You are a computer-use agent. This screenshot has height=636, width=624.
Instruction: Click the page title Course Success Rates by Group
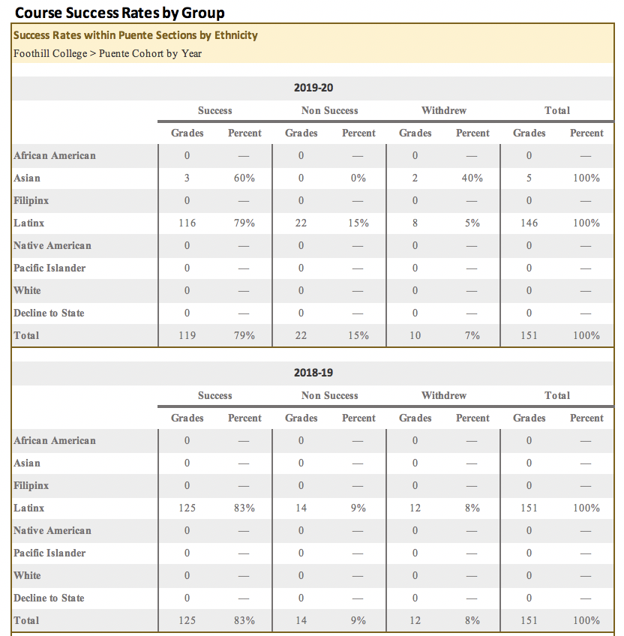[x=120, y=13]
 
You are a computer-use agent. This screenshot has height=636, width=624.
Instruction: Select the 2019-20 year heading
[x=313, y=88]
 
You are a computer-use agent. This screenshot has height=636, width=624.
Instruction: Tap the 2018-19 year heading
[x=313, y=373]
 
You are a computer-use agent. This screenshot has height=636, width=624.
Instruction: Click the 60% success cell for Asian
[x=244, y=178]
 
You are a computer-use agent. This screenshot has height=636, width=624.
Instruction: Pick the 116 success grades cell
[x=187, y=223]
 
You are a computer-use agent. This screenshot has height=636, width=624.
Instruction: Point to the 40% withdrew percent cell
[x=472, y=178]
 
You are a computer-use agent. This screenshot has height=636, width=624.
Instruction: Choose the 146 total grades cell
[x=529, y=223]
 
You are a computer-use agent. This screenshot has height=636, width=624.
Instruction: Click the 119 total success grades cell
[x=187, y=335]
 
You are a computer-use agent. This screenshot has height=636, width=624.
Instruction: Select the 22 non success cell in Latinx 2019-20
[x=301, y=223]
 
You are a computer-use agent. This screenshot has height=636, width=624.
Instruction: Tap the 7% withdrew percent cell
[x=472, y=335]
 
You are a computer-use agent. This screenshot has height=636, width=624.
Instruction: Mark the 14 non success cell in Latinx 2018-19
[x=301, y=508]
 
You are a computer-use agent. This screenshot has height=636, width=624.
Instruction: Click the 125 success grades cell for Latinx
[x=187, y=508]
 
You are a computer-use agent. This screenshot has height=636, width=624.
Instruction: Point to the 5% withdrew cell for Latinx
[x=472, y=223]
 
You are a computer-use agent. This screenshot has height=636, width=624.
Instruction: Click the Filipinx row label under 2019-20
[x=31, y=200]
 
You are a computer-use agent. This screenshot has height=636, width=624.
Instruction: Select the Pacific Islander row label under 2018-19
[x=49, y=553]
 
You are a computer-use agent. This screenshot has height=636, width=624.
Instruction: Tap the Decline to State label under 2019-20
[x=49, y=313]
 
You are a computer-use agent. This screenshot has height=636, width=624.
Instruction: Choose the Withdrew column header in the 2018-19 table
[x=444, y=395]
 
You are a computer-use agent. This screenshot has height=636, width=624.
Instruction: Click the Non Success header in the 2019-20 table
[x=330, y=110]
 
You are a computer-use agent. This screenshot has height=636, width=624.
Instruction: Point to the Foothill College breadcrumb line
[x=107, y=53]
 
